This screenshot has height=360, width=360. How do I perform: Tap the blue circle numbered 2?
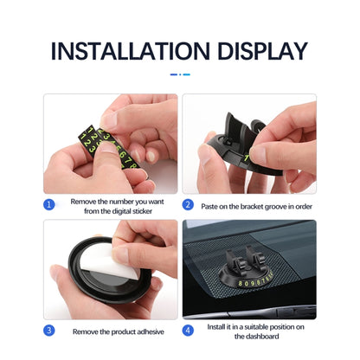click(189, 206)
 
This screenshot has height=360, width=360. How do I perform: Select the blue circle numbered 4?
click(189, 330)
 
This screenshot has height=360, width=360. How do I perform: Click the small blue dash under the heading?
click(180, 74)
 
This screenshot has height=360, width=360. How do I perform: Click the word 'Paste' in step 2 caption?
click(211, 206)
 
